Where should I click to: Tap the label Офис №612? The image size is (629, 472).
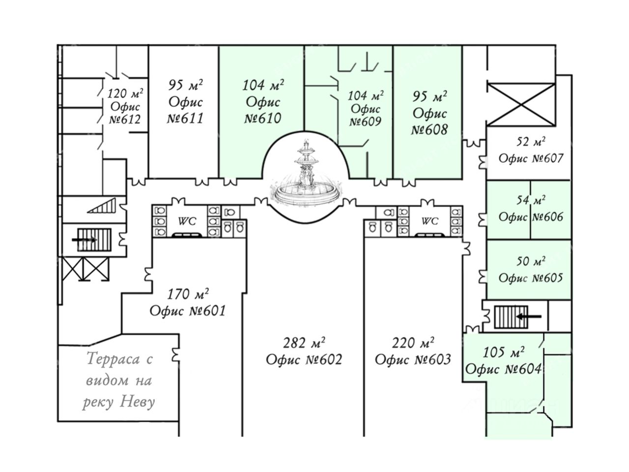pos(125,113)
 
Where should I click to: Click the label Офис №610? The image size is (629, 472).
pos(263,110)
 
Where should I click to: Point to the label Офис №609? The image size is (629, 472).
pos(365,115)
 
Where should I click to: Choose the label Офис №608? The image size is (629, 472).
pos(429,122)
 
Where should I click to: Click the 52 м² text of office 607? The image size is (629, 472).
pos(531,143)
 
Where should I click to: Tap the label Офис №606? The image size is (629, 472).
pos(531,217)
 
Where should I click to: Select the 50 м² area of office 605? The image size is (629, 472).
pos(531,261)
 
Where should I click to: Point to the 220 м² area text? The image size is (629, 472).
pos(413,343)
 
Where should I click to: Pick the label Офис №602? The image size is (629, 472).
pos(304,360)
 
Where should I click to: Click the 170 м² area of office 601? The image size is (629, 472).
pos(188,295)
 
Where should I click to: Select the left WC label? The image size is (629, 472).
pos(187,221)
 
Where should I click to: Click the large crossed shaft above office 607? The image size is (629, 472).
pos(520,104)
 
